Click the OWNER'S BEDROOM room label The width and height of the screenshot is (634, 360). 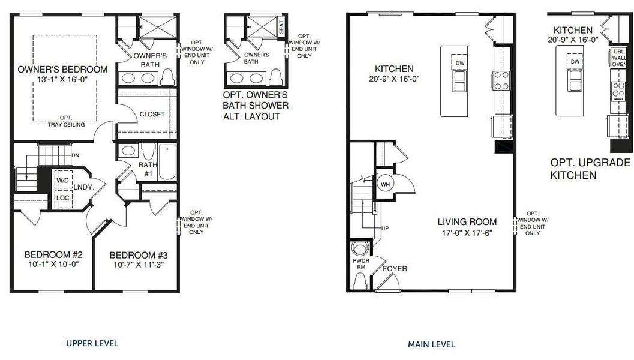coord(63,69)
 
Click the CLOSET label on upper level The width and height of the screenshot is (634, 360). coord(152,114)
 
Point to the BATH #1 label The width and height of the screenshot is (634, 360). coord(148,169)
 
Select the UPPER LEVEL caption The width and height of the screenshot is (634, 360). coord(92,343)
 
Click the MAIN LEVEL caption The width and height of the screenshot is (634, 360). coord(431,344)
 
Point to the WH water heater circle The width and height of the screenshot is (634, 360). coord(384,184)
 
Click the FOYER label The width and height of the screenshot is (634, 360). coord(395,268)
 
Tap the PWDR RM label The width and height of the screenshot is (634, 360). coord(359,265)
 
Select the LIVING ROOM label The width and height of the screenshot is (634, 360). coord(467,222)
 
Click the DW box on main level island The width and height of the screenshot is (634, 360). coord(460,63)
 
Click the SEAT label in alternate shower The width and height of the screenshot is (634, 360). coord(281,28)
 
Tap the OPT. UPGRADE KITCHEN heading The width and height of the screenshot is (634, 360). coord(590,169)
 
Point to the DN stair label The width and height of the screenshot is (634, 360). coord(75,155)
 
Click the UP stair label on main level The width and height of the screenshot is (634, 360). coord(386,228)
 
